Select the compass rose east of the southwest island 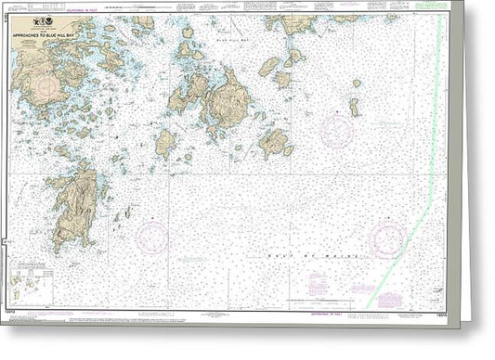click(151, 237)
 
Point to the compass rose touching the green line click(387, 239)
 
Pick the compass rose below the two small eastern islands click(336, 131)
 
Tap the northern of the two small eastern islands click(356, 84)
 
